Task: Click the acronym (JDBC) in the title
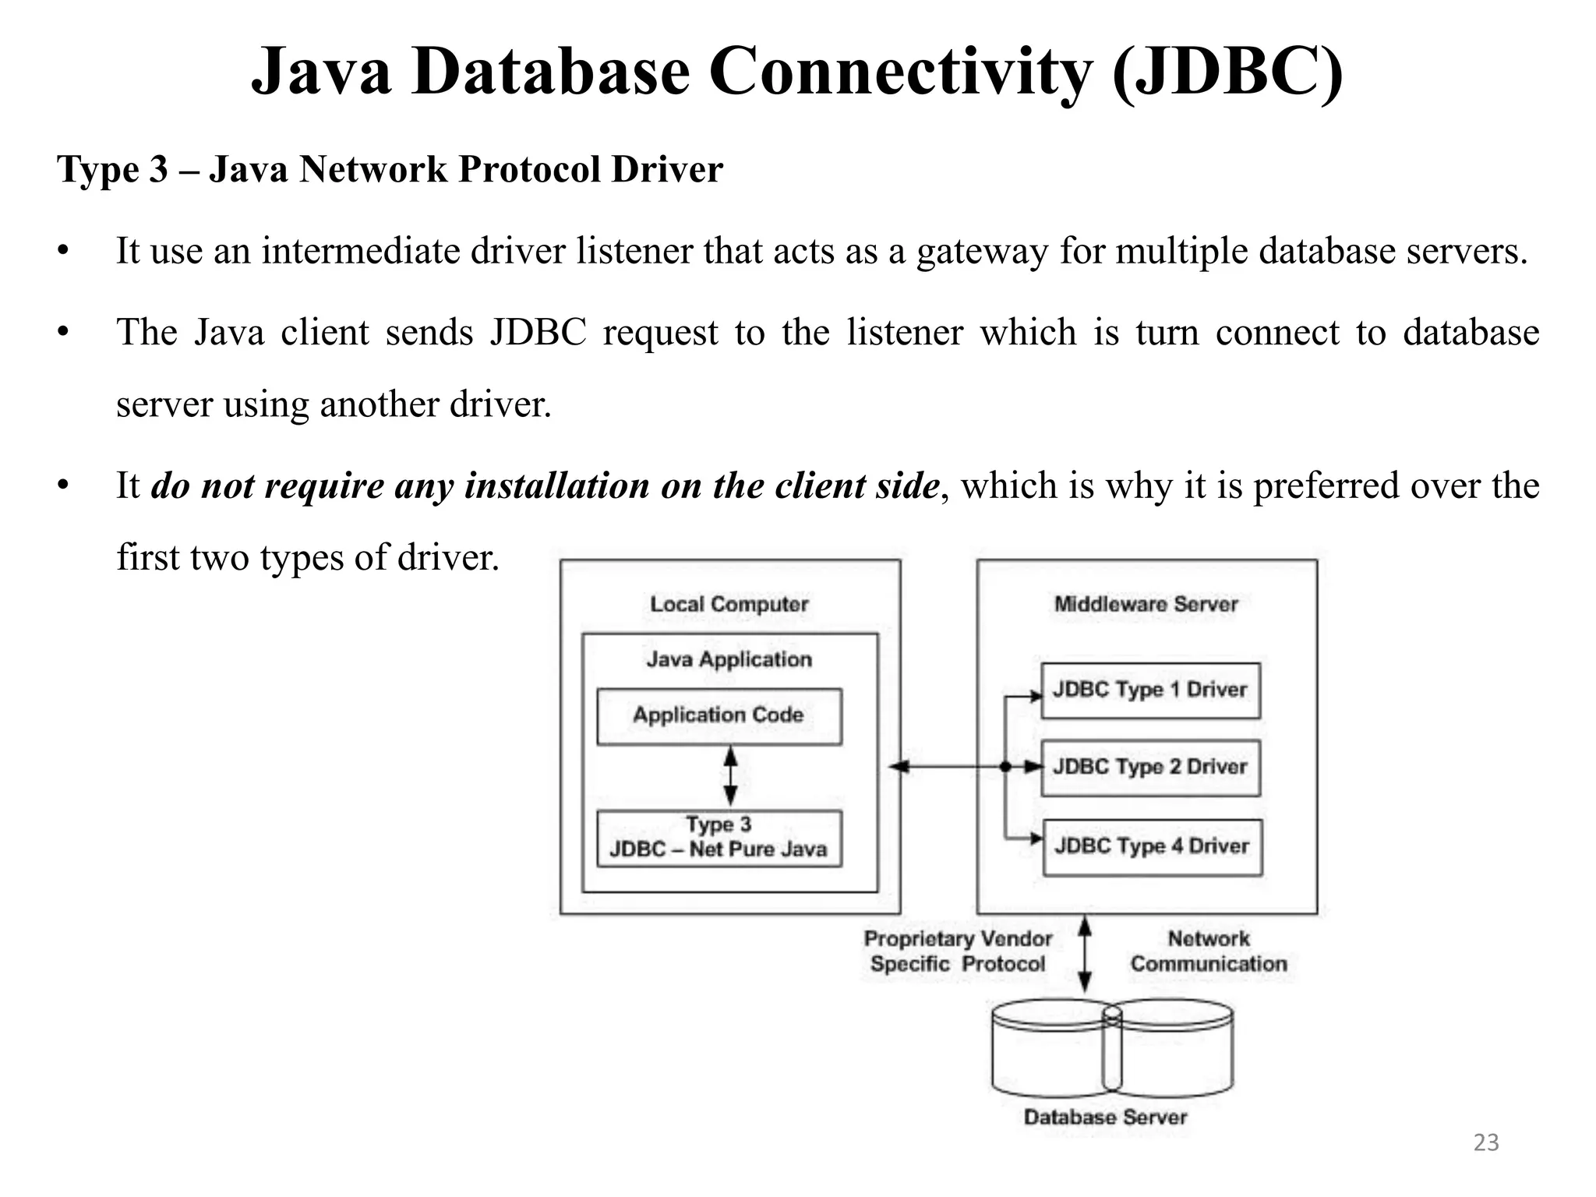coord(1227,72)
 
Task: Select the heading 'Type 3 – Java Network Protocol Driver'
coord(390,169)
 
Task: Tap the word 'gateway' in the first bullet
coord(982,251)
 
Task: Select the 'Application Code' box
coord(719,715)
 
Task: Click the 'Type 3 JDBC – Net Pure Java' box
coord(719,838)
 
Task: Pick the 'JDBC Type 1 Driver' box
coord(1150,690)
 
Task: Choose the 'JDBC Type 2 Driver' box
coord(1150,767)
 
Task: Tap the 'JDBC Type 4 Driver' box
coord(1152,846)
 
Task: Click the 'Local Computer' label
coord(729,604)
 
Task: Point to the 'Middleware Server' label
coord(1146,604)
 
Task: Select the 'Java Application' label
coord(729,659)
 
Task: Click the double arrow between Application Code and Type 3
coord(730,776)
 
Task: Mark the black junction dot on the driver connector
coord(1005,767)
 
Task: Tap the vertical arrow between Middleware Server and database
coord(1084,954)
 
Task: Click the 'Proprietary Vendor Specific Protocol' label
coord(958,952)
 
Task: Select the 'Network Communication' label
coord(1209,952)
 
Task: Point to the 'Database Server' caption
coord(1105,1117)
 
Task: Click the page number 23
coord(1486,1142)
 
